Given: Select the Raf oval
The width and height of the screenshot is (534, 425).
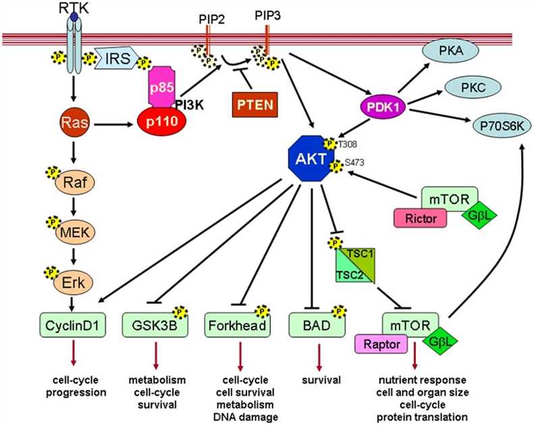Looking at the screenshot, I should pyautogui.click(x=74, y=181).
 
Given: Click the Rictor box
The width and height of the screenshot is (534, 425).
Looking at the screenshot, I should pyautogui.click(x=419, y=218).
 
